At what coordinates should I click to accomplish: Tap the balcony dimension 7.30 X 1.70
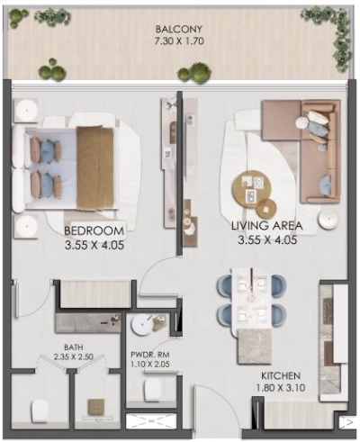coord(179,41)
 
